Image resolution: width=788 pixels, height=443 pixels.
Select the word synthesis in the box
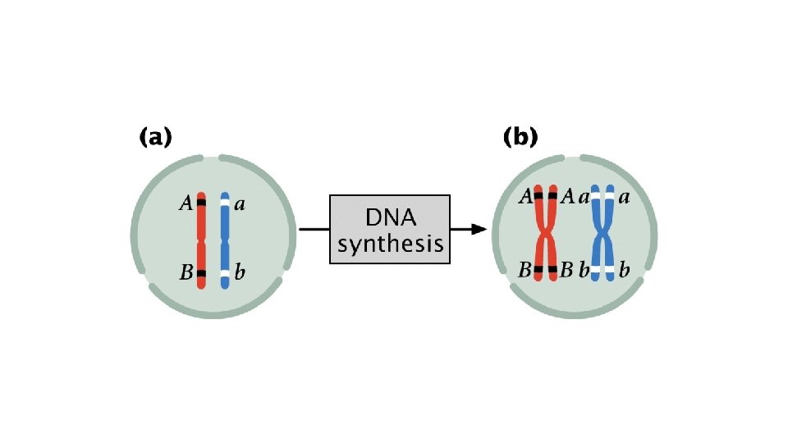tap(390, 244)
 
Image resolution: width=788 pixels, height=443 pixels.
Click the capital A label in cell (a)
tap(186, 204)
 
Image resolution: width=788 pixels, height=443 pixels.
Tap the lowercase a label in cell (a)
tap(239, 205)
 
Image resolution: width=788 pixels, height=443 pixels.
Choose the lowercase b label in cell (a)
tap(239, 272)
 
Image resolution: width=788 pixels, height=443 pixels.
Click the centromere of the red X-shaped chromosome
tap(546, 235)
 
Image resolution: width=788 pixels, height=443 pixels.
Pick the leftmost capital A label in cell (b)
tap(525, 195)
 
